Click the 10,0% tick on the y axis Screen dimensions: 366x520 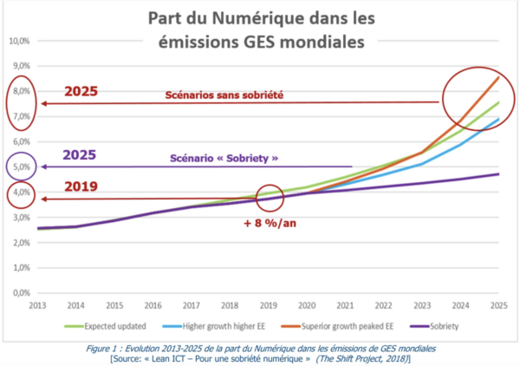(19, 40)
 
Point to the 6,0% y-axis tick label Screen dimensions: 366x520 (19, 141)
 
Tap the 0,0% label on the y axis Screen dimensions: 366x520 (19, 292)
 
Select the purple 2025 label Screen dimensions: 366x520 (80, 156)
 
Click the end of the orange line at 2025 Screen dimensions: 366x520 (497, 76)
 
